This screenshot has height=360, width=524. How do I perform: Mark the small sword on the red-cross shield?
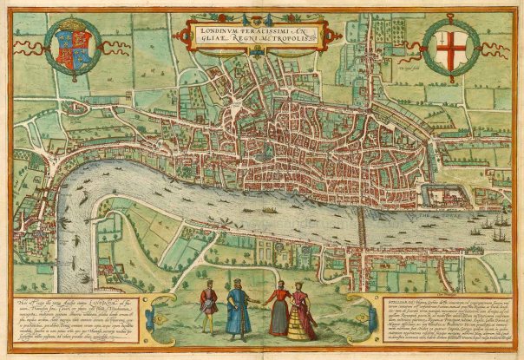click(440, 37)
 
